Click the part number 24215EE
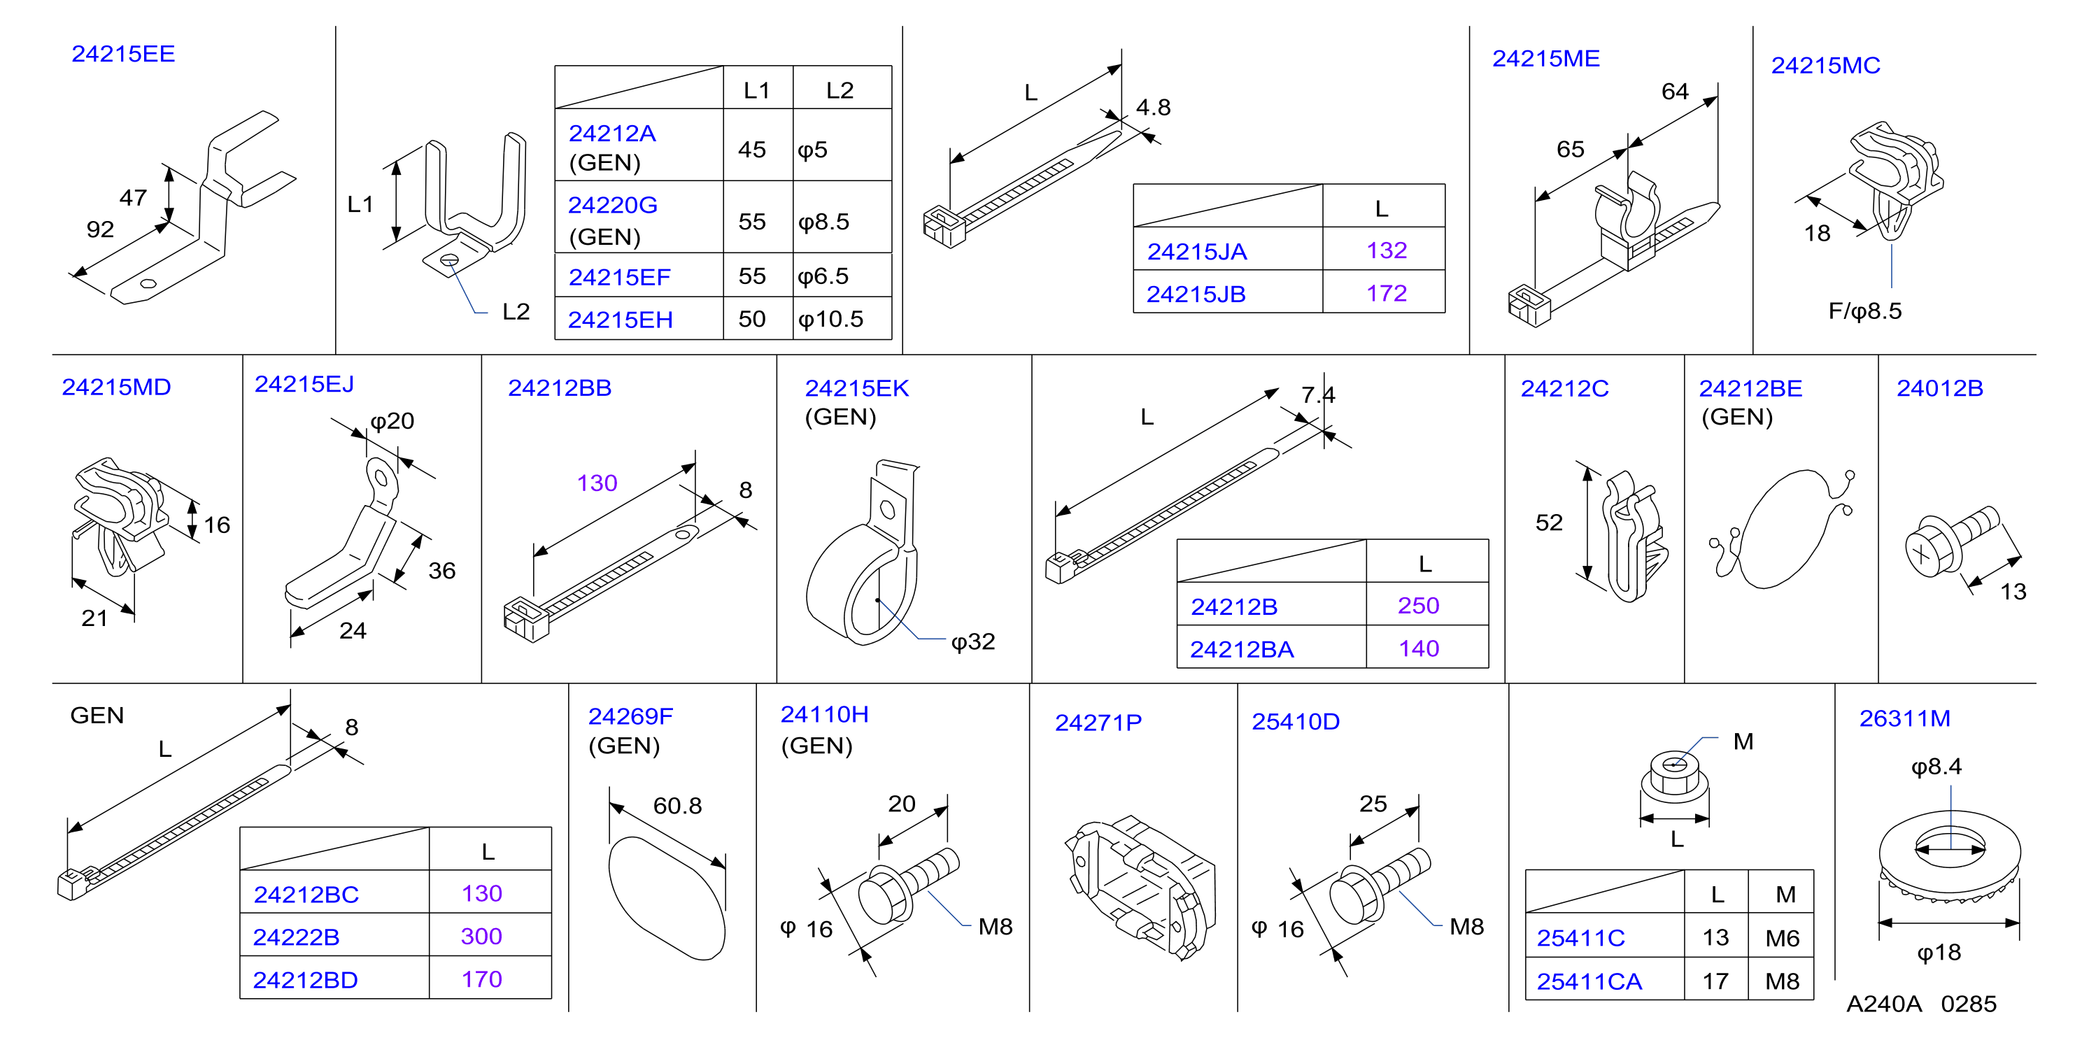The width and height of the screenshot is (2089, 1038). click(x=123, y=55)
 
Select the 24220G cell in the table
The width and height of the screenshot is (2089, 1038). click(x=612, y=205)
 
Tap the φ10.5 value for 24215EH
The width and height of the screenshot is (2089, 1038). click(x=830, y=320)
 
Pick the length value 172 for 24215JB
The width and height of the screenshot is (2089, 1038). click(x=1386, y=294)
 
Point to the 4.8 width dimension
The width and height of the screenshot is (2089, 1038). click(x=1153, y=108)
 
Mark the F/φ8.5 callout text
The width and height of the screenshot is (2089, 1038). click(x=1864, y=311)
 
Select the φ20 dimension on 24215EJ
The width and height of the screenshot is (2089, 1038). click(x=392, y=422)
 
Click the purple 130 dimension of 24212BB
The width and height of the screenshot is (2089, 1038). click(x=597, y=483)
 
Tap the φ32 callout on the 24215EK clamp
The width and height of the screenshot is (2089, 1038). click(x=973, y=642)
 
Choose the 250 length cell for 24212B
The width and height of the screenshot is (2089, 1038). click(x=1418, y=606)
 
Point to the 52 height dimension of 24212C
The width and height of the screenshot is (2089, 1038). click(x=1549, y=523)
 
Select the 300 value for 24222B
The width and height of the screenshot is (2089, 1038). click(x=482, y=937)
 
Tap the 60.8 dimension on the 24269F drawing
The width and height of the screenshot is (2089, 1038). click(x=677, y=806)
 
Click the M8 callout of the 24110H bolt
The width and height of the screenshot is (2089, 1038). click(x=995, y=927)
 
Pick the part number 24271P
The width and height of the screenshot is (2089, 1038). click(x=1098, y=723)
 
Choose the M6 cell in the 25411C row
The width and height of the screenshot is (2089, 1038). click(x=1783, y=938)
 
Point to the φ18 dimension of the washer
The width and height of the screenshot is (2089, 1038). click(x=1938, y=953)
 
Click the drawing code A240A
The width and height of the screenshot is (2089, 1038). click(x=1884, y=1004)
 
